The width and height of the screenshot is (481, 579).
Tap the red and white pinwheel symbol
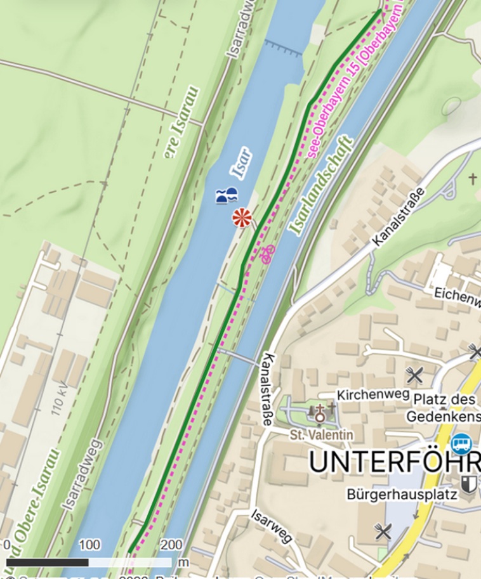coord(241,218)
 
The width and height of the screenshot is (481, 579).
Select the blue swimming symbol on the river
coord(226,195)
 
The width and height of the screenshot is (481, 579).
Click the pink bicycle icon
coord(267,254)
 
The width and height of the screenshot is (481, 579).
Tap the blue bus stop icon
coord(461,441)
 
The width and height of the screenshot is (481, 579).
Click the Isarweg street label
coord(271,526)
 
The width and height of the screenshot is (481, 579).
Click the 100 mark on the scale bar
coord(89,545)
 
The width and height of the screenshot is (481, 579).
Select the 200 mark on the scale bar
coord(171,545)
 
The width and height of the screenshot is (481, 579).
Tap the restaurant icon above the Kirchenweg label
coord(415,375)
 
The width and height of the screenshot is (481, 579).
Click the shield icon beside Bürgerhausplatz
coord(469,484)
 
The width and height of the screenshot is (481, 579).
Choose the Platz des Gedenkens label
coord(444,408)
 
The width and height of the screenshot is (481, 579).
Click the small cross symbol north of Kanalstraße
coord(472,179)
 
